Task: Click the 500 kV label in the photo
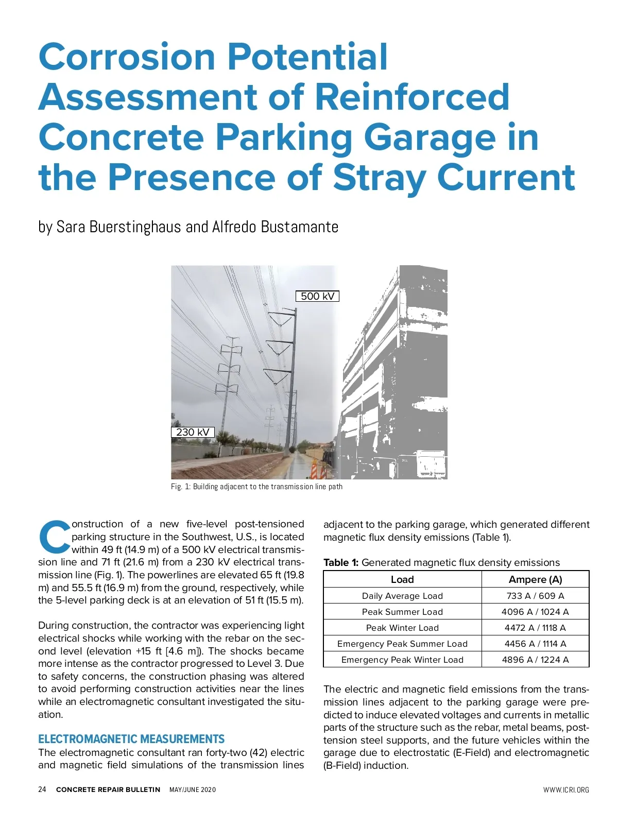click(x=317, y=296)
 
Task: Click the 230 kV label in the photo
click(x=193, y=432)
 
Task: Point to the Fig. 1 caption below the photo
click(x=256, y=487)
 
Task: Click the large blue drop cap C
click(x=54, y=537)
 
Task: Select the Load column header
click(x=402, y=579)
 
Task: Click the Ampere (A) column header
click(x=535, y=579)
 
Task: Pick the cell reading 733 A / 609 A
click(x=535, y=596)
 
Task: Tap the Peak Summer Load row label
click(x=402, y=612)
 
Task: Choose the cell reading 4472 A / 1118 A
click(x=535, y=628)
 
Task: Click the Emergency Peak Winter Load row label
click(x=402, y=660)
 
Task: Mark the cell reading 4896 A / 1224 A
click(x=535, y=660)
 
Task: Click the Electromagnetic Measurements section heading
click(x=131, y=739)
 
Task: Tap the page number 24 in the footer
click(x=42, y=789)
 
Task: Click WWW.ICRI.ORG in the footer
click(x=566, y=790)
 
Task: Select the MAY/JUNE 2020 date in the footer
click(x=193, y=790)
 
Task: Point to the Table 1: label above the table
click(x=340, y=562)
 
